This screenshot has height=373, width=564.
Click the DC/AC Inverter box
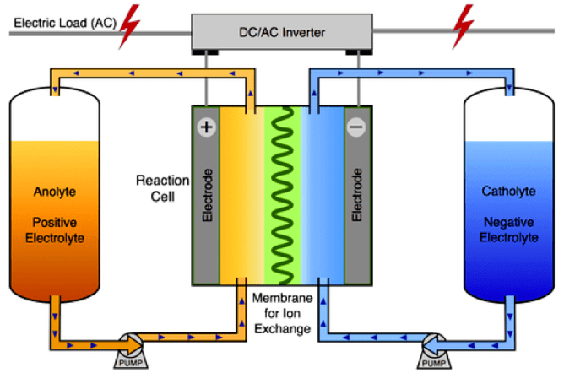point(282,32)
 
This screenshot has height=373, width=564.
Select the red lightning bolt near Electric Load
point(130,25)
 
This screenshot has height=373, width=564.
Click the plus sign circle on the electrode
point(207,127)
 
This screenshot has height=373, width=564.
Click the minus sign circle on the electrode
point(356,127)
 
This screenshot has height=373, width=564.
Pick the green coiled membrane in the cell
point(282,194)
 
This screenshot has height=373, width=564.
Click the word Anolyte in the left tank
point(56,192)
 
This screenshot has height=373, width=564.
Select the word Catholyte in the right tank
point(508,192)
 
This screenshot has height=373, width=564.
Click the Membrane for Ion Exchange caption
point(282,313)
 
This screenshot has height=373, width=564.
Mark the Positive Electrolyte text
point(56,230)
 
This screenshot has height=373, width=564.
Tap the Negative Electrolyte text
point(508,230)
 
